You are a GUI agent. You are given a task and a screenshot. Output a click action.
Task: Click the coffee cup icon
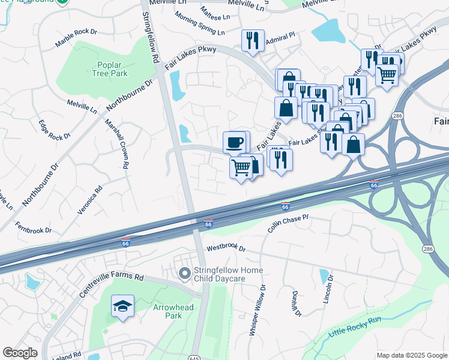[x=234, y=143]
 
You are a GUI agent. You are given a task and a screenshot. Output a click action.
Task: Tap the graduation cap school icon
[x=122, y=307]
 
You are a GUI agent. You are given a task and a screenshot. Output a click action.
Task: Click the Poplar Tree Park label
[x=111, y=70]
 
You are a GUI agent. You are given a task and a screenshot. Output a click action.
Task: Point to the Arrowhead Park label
[x=167, y=311]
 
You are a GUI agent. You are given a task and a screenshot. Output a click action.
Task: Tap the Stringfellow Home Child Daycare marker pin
[x=184, y=274]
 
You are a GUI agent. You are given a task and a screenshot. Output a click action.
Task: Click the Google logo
[x=20, y=353]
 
